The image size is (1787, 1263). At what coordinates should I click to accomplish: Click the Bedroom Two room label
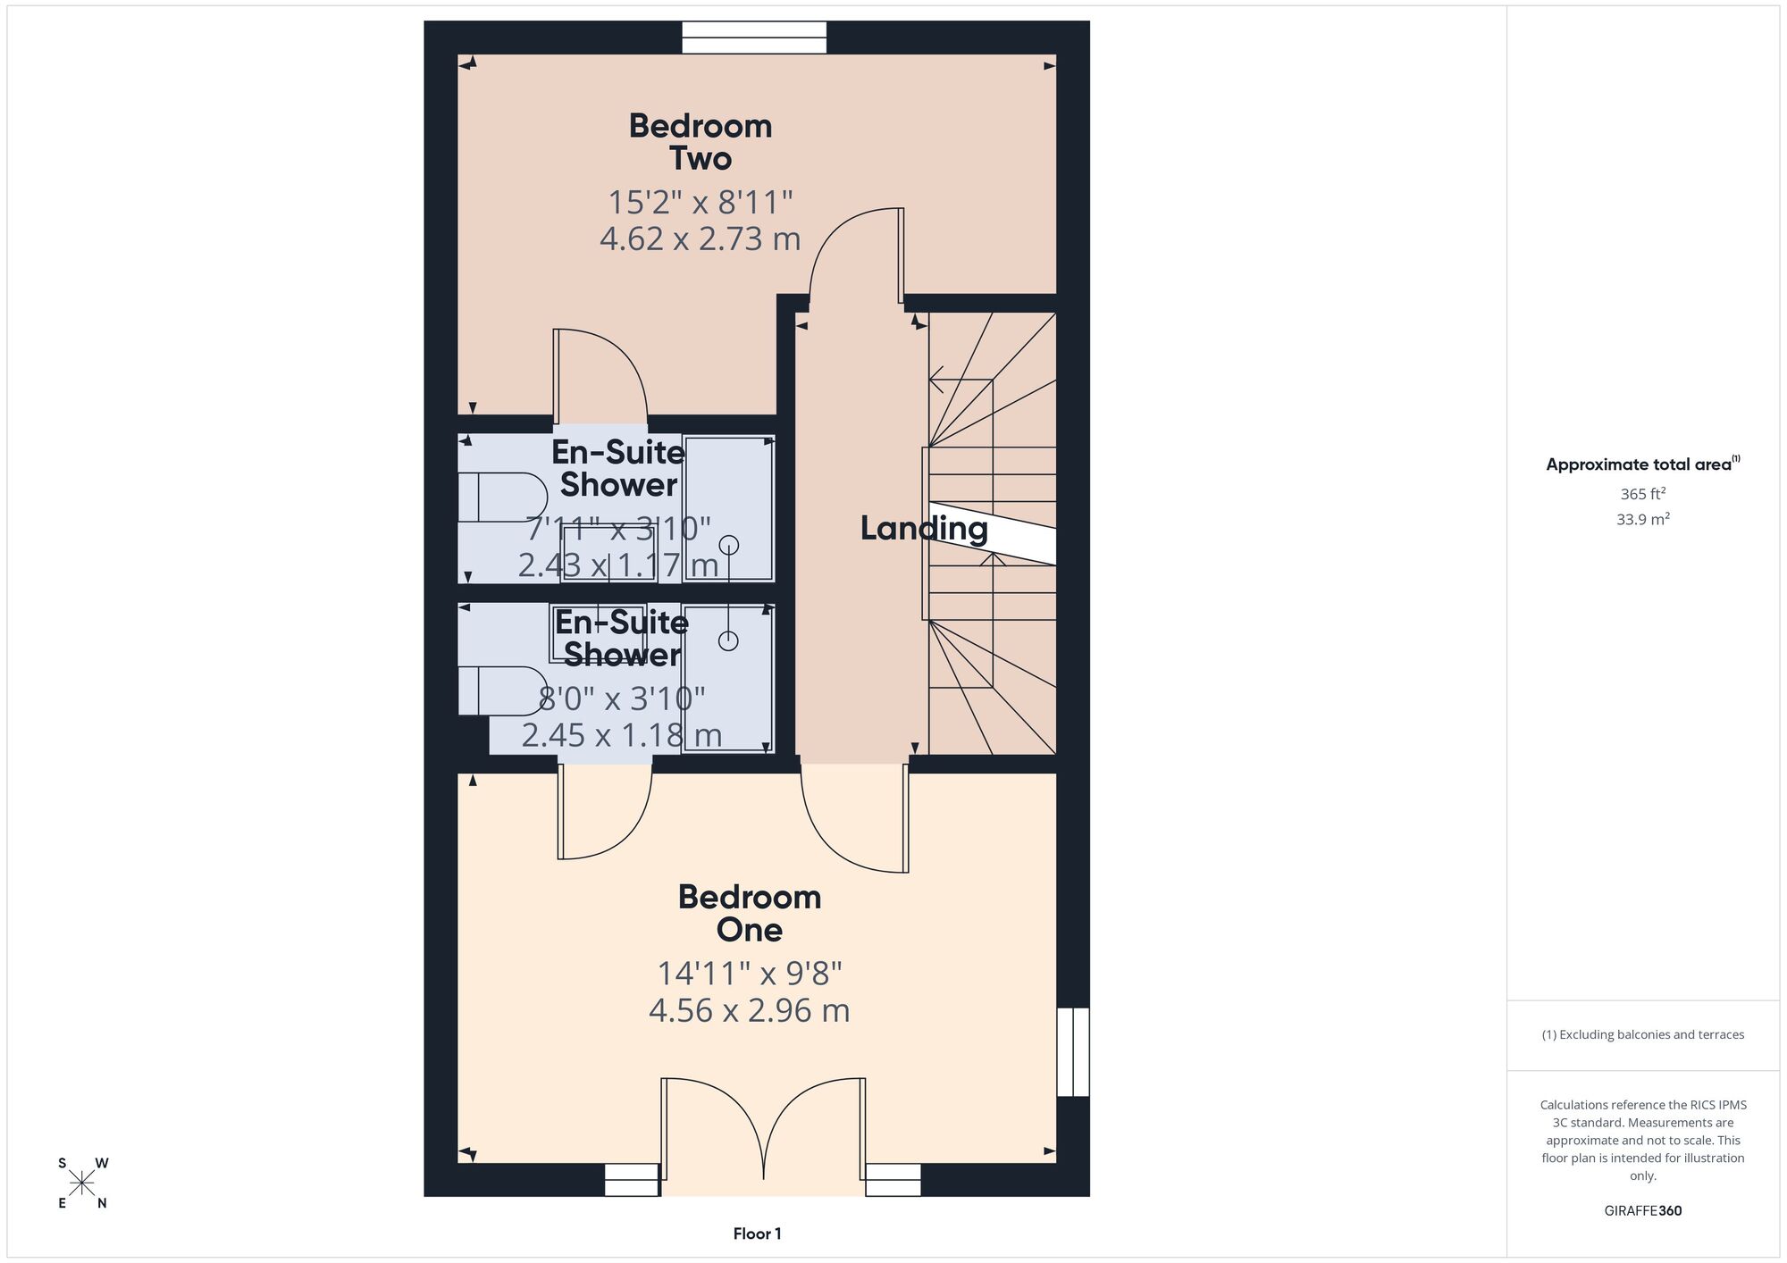coord(701,142)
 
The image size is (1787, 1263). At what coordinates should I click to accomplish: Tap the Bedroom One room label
coord(750,913)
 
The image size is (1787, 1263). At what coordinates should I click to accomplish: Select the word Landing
coord(924,529)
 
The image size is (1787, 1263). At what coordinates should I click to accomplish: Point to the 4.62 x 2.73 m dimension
coord(701,239)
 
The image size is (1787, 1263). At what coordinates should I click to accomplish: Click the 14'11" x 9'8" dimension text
coord(750,974)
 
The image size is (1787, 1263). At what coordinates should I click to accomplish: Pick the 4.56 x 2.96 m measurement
coord(750,1011)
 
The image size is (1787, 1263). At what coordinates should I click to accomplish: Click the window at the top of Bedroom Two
coord(754,38)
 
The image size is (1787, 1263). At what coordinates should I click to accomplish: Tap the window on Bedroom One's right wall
coord(1073,1052)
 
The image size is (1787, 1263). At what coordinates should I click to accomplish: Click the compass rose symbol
coord(82,1184)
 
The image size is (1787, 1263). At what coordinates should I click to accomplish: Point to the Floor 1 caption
coord(758,1234)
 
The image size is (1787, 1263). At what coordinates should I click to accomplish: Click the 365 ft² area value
coord(1643,493)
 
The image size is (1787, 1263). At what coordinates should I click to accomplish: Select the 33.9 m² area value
coord(1643,519)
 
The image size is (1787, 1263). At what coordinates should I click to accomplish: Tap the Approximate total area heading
coord(1643,464)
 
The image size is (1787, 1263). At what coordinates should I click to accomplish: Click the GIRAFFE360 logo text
coord(1643,1211)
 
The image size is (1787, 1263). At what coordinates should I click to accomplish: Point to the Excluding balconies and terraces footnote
coord(1643,1035)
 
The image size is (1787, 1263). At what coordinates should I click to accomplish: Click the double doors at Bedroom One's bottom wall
coord(763,1131)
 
